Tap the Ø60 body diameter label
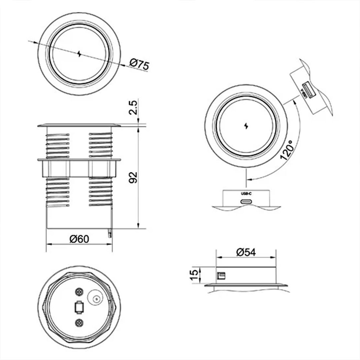79,239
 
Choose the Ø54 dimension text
246,252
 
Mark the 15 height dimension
194,275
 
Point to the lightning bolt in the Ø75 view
79,54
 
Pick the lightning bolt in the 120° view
246,126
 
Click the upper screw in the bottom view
79,291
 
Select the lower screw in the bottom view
79,322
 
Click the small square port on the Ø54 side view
221,276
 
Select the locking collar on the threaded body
79,168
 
